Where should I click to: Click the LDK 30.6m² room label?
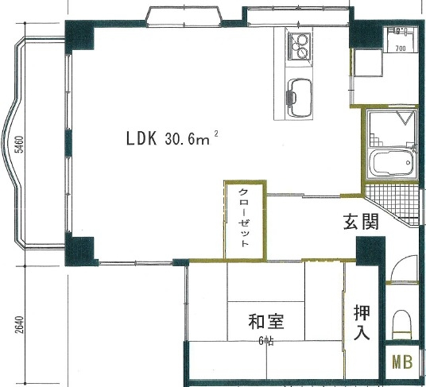click(x=172, y=138)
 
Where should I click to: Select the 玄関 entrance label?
click(x=361, y=222)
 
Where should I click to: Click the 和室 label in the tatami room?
click(x=266, y=322)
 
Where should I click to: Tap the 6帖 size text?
click(x=266, y=341)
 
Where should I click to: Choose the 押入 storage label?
click(x=362, y=322)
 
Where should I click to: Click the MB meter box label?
click(x=402, y=362)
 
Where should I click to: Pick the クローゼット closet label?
click(x=244, y=218)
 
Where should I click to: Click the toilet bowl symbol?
click(x=402, y=325)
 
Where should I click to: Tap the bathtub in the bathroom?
click(x=393, y=162)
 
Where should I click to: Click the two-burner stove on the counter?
click(x=299, y=46)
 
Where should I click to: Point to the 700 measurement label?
click(x=401, y=48)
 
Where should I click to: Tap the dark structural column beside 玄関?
click(x=371, y=251)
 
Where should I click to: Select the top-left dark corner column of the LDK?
click(x=79, y=36)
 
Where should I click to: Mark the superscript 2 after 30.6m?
click(x=216, y=134)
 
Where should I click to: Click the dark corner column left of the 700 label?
click(x=366, y=33)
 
